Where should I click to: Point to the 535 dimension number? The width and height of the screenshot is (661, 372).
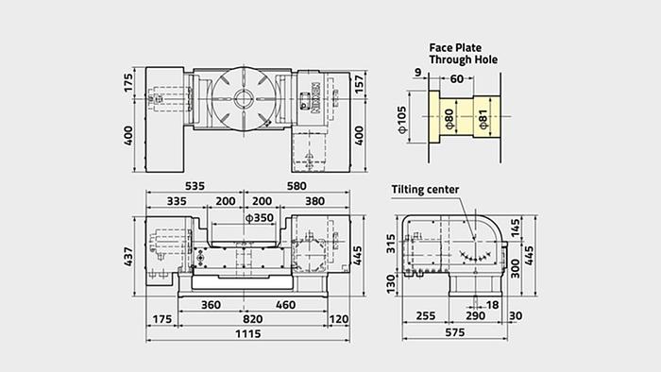[x=195, y=186]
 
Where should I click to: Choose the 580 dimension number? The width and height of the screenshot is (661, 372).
[x=296, y=186]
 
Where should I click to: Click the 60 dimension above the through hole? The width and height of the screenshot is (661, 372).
[x=457, y=79]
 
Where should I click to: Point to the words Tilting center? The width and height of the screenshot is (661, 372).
[x=426, y=190]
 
